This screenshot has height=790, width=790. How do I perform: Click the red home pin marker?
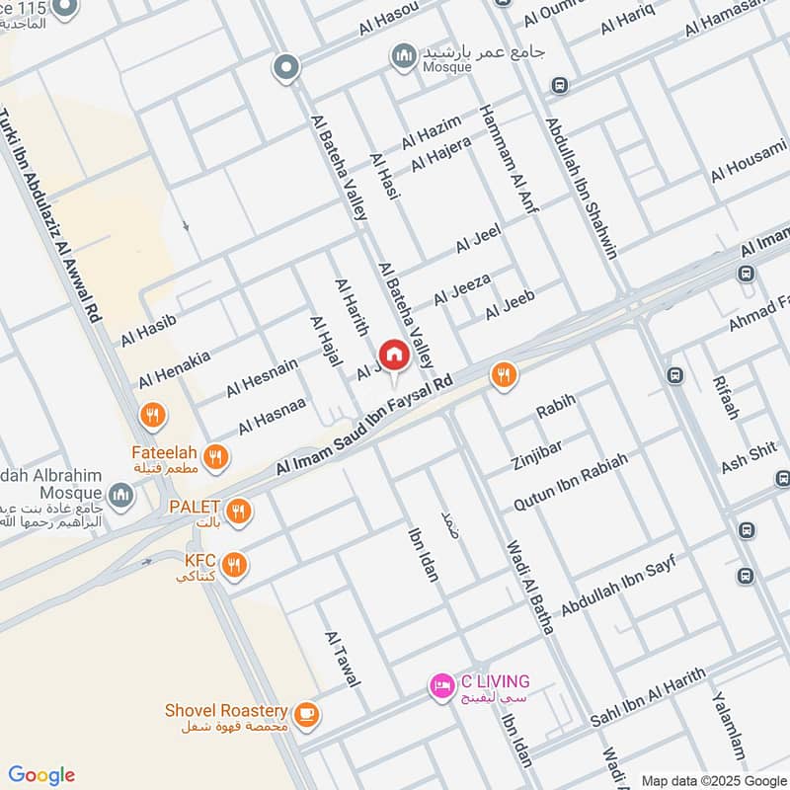coord(393,355)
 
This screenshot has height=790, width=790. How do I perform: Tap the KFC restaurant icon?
coord(234,565)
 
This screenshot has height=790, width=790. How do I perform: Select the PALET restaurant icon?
coord(238,512)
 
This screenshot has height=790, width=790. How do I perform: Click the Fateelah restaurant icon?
coord(217,456)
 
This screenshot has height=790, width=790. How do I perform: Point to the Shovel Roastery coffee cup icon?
coord(306,712)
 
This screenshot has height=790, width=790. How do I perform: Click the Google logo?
coord(41,775)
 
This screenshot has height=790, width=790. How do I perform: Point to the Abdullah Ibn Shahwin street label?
coord(582,189)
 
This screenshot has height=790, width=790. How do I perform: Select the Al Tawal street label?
coord(343,659)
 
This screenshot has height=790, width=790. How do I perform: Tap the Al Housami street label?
coord(748,160)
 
